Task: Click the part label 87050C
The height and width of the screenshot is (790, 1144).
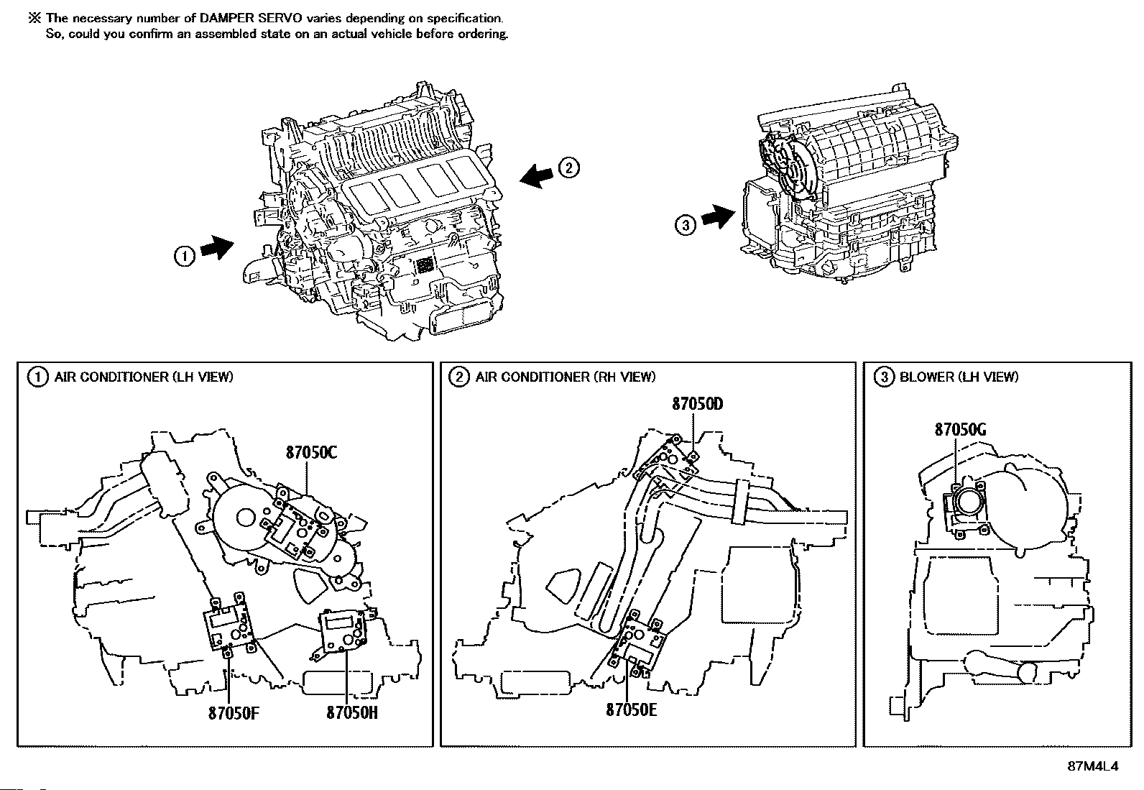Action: tap(311, 453)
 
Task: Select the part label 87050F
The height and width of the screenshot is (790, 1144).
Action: tap(234, 713)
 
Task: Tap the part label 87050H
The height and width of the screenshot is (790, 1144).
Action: tap(352, 713)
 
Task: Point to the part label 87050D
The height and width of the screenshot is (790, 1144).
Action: tap(697, 404)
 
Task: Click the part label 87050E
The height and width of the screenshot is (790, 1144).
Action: tap(631, 709)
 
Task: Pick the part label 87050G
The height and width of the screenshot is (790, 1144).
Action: tap(960, 430)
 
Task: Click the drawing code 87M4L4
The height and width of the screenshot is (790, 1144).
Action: tap(1092, 767)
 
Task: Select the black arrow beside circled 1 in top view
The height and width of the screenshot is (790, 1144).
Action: tap(217, 248)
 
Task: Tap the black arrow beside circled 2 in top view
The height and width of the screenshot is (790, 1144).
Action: tap(536, 176)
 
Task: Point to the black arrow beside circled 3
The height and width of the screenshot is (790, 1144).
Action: tap(719, 216)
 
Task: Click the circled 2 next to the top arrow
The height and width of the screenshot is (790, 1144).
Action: tap(568, 167)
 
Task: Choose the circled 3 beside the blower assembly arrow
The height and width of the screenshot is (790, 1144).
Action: tap(686, 225)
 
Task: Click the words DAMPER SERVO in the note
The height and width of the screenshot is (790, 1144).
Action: tap(251, 19)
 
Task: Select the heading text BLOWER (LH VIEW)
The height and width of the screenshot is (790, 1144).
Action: tap(959, 377)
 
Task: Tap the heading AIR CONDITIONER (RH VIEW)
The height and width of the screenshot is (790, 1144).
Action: tap(566, 377)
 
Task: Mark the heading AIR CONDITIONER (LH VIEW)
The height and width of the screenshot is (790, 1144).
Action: tap(144, 377)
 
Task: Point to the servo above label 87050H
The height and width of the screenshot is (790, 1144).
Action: tap(342, 631)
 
